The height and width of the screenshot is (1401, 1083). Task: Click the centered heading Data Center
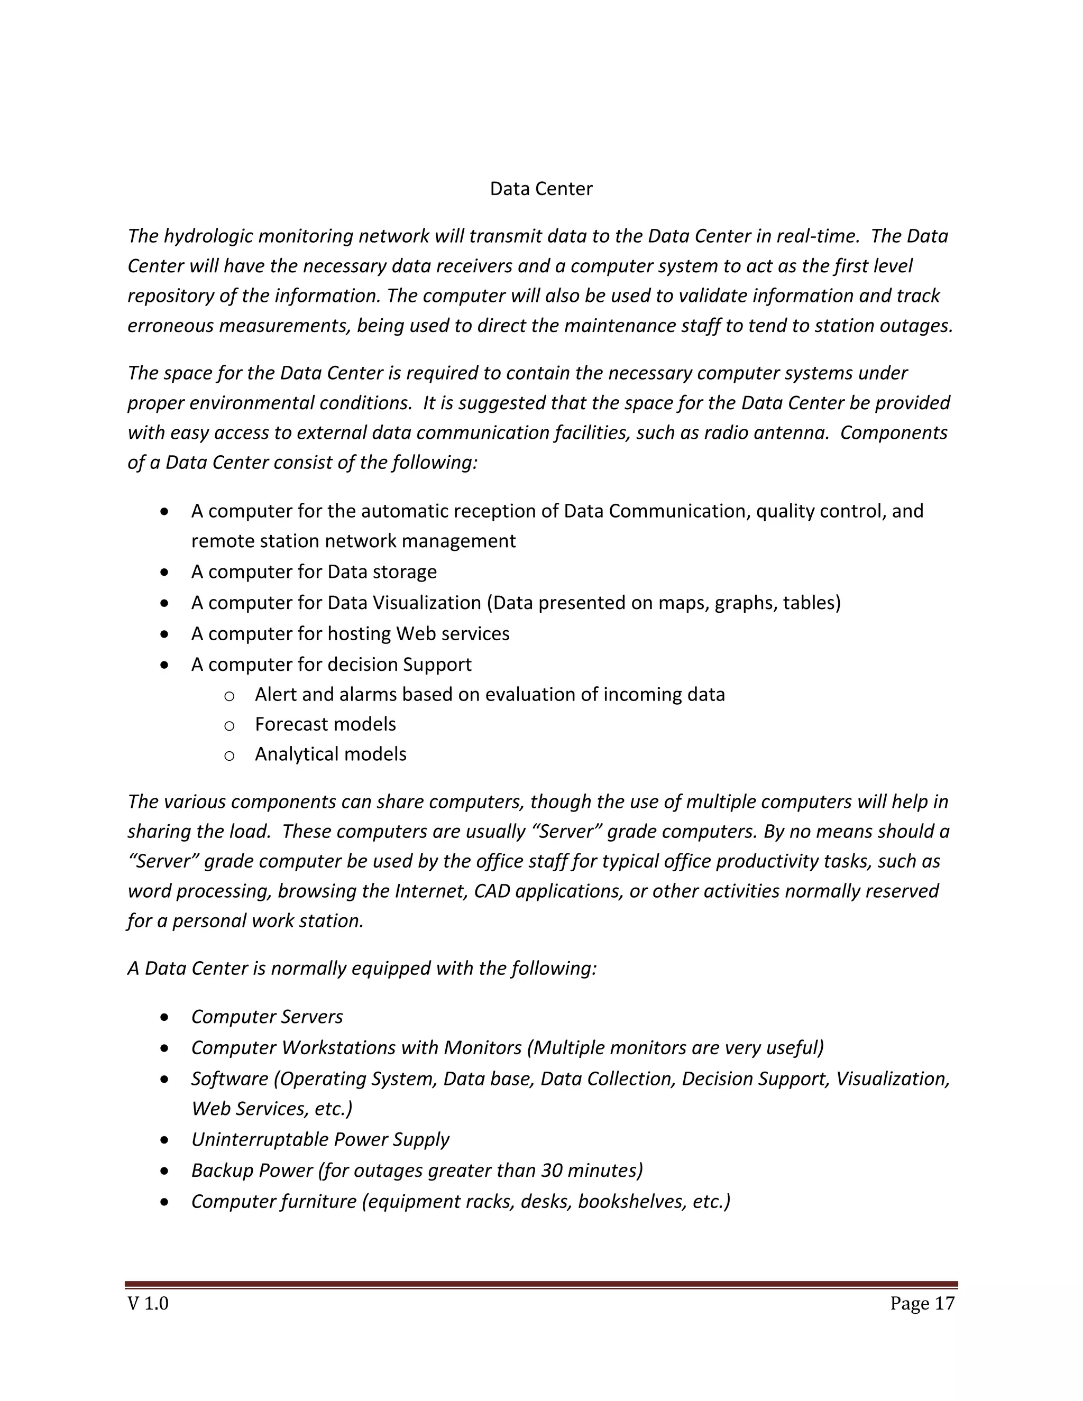pos(541,189)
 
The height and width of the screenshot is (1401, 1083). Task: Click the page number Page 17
pos(922,1303)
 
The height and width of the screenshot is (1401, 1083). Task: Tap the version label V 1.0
pos(148,1303)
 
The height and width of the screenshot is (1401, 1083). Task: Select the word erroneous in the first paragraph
pos(171,326)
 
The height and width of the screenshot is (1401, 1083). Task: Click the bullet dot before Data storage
pos(166,572)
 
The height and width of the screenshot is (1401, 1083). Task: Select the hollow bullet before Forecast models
pos(229,725)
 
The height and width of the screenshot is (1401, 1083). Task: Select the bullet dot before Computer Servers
pos(166,1017)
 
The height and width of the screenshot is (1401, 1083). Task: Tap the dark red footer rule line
pos(541,1284)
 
